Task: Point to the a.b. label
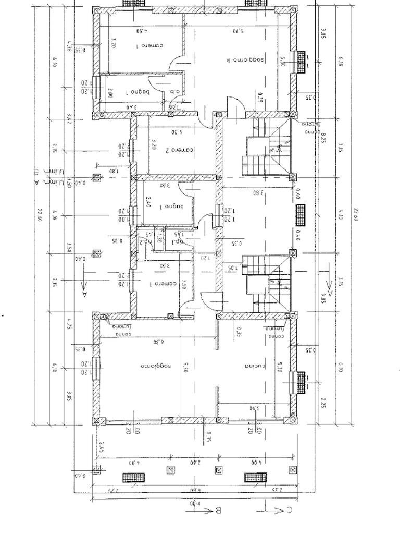[174, 93]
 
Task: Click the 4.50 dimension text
[141, 31]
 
